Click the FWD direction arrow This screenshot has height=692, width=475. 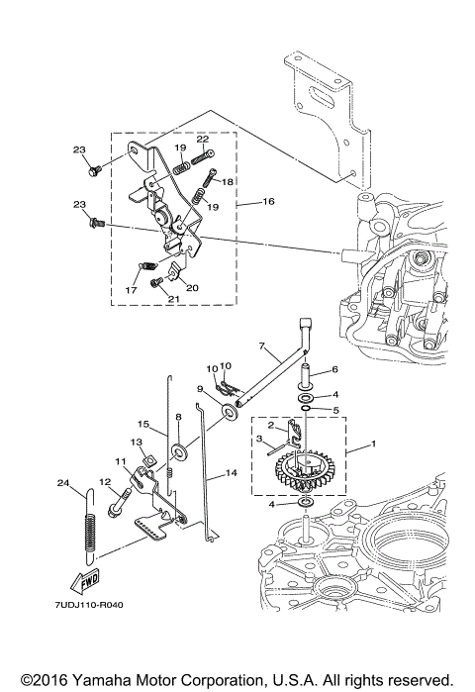pos(85,582)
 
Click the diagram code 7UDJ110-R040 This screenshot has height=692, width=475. pos(89,605)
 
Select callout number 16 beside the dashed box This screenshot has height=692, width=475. pos(268,201)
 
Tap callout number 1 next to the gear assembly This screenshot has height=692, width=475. pos(373,444)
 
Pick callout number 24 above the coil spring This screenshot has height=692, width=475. pos(63,483)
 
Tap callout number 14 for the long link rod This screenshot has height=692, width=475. pos(232,472)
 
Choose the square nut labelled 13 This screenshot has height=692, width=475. pos(150,460)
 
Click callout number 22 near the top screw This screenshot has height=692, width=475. pos(203,139)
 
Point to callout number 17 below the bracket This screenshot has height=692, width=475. pos(131,290)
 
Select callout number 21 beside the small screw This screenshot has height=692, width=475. pos(173,299)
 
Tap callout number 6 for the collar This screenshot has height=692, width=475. pos(334,369)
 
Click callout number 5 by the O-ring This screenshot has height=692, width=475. pos(335,410)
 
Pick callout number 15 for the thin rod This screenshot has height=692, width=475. pos(143,424)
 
